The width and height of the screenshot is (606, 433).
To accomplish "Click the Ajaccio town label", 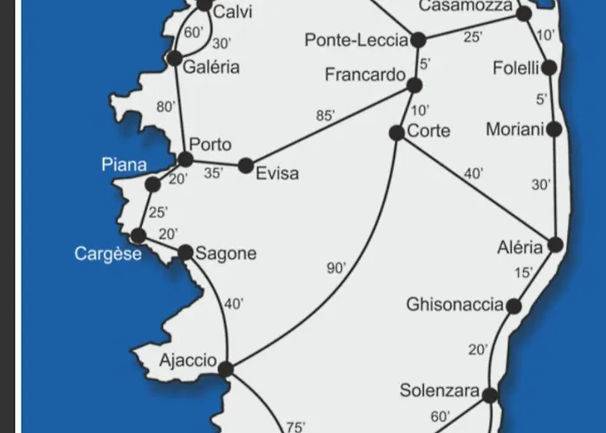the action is (x=188, y=359).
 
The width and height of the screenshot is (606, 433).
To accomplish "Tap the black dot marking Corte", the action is (x=396, y=132).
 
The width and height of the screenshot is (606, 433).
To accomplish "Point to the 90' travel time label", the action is (x=337, y=269).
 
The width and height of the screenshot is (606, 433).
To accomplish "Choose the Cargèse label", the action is (x=108, y=254).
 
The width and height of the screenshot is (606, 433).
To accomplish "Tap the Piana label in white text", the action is (x=124, y=165).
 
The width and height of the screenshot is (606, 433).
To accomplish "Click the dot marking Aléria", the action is (x=555, y=244).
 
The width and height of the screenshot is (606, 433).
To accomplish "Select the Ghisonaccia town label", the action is (x=455, y=305).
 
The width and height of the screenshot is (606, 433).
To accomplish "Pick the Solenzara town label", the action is (x=440, y=391).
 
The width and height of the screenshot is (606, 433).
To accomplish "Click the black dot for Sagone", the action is (x=185, y=253).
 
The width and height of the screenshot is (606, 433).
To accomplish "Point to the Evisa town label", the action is (x=277, y=173).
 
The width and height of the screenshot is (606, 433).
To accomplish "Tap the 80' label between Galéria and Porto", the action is (x=165, y=107).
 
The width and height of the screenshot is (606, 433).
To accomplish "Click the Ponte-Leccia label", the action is (x=356, y=40).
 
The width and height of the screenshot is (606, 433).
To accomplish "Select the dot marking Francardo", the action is (x=414, y=85).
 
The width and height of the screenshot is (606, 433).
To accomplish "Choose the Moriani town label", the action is (x=515, y=130).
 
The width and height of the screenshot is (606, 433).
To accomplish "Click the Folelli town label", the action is (x=516, y=68).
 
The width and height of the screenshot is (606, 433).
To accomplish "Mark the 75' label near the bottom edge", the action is (x=296, y=426).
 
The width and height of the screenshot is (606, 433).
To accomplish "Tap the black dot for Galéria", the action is (x=175, y=58).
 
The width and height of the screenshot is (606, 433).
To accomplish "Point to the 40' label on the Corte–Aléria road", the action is (x=473, y=173).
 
